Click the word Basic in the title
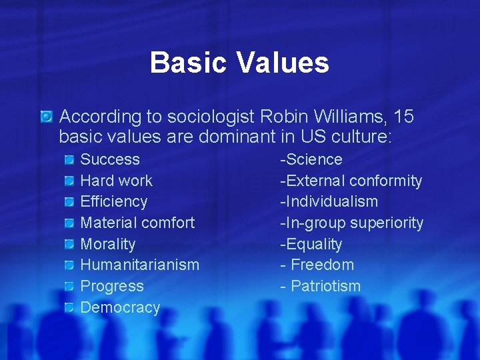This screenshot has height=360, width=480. tap(188, 63)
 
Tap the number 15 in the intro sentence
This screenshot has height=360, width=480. tap(403, 117)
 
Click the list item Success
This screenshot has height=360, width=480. tap(110, 159)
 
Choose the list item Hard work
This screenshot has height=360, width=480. tap(116, 181)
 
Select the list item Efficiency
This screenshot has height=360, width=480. tap(113, 201)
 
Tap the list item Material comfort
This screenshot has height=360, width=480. tap(137, 223)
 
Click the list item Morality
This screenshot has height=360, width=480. tap(107, 244)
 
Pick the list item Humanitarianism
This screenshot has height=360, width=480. tap(139, 265)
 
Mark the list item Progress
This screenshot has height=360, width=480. tap(112, 286)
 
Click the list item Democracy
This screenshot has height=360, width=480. tap(120, 307)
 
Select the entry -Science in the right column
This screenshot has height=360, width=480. tap(311, 159)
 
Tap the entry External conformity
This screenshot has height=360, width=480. tap(353, 181)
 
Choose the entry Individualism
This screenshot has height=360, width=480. tap(331, 201)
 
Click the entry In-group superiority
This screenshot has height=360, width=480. tap(353, 223)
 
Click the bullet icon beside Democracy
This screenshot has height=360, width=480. tap(69, 307)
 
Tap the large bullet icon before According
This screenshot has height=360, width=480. tap(46, 117)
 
